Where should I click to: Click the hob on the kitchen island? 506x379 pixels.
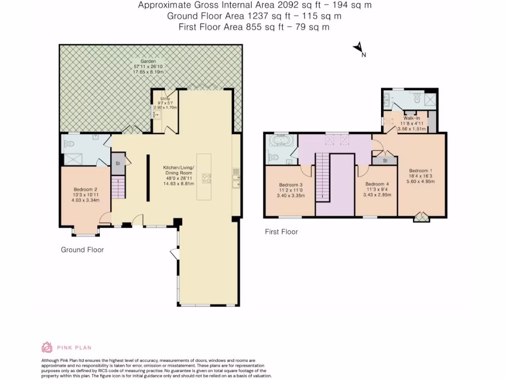click(206, 178)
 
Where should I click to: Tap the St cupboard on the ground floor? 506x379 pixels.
click(118, 164)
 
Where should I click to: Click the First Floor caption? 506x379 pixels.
click(281, 231)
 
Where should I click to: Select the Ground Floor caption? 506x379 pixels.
click(82, 250)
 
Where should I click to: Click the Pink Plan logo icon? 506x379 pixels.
click(46, 347)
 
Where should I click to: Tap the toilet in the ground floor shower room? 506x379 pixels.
click(69, 145)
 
